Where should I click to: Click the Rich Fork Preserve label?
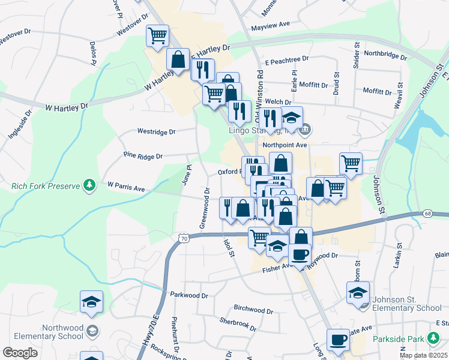tap(46, 186)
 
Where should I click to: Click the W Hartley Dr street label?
tap(67, 106)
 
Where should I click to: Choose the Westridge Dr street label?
tap(156, 131)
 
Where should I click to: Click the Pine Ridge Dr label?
tap(143, 156)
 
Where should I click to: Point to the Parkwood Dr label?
tap(188, 295)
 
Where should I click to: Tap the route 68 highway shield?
tap(427, 213)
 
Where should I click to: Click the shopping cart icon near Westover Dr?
tap(157, 35)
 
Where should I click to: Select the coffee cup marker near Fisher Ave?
tap(300, 253)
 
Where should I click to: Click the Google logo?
tap(20, 353)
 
